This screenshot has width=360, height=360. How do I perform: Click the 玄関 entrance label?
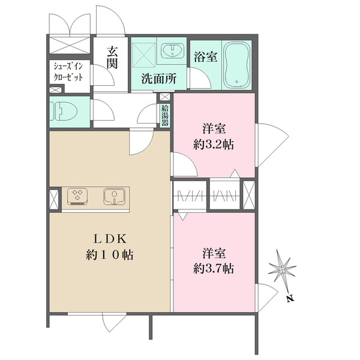(x=112, y=59)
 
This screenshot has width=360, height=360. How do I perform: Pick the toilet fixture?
(x=62, y=110)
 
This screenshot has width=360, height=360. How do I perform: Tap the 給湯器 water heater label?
(x=164, y=115)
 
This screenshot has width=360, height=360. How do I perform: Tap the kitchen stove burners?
(x=77, y=196)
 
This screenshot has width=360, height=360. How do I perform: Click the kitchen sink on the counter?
(x=114, y=196)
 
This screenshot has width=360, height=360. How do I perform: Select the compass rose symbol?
(x=283, y=266)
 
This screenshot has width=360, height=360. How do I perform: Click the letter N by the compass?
(x=290, y=298)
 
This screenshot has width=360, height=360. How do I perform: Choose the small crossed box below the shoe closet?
(x=55, y=90)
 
